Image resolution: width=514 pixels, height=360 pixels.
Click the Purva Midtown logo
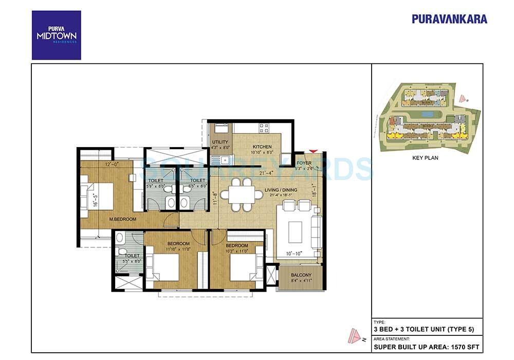56,35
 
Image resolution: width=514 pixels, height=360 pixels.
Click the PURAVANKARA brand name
449,19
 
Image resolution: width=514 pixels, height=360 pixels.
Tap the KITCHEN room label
262,147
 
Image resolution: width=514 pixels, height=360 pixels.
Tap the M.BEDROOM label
123,220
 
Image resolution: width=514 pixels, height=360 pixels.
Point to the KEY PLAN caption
426,158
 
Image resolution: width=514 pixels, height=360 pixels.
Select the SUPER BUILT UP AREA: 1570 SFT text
427,347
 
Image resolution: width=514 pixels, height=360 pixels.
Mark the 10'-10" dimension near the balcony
295,254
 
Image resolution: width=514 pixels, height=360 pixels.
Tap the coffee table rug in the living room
296,232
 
